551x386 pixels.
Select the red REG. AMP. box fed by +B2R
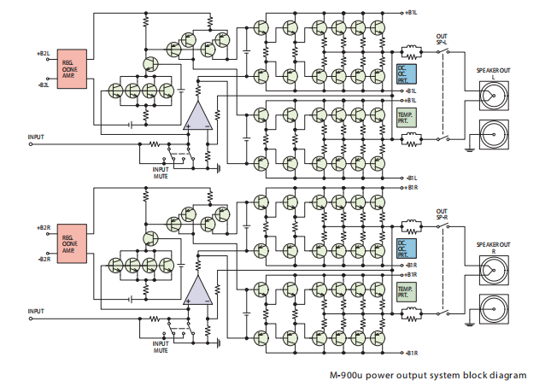[73, 243]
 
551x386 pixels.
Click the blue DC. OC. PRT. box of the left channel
[406, 77]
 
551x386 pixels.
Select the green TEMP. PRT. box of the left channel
[406, 116]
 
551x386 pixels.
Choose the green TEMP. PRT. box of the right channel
[406, 291]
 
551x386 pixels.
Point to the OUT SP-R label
[442, 213]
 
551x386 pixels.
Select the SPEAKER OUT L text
[493, 72]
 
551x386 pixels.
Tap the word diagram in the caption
[509, 374]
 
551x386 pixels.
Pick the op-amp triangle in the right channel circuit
[198, 290]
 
